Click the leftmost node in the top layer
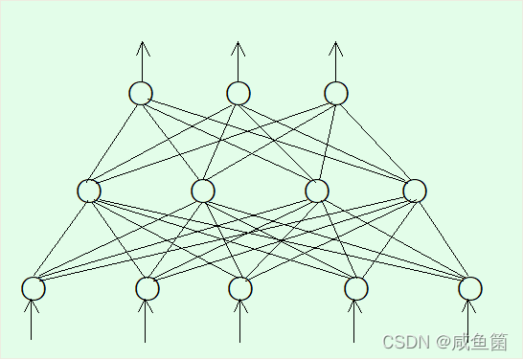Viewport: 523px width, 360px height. (x=141, y=93)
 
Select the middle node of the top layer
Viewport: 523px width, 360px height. (x=239, y=93)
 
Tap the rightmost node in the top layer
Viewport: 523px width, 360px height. (x=336, y=93)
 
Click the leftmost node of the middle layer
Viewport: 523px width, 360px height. (x=89, y=191)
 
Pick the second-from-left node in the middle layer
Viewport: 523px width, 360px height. (x=203, y=191)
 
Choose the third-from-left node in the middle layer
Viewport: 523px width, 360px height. (x=317, y=191)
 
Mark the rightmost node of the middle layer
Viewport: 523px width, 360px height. (x=415, y=191)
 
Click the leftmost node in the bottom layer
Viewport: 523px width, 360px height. (x=34, y=288)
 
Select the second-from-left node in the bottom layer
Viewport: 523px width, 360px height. (x=147, y=288)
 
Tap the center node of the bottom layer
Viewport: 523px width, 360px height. (x=240, y=288)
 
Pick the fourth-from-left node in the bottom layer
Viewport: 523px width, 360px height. (x=356, y=288)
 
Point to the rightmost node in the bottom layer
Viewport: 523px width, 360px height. (x=469, y=288)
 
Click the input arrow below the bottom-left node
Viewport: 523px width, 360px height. (x=33, y=321)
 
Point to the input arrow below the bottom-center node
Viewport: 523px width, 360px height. (x=239, y=321)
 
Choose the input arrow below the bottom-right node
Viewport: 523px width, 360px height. (x=468, y=321)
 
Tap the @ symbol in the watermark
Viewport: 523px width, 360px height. (x=444, y=342)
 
